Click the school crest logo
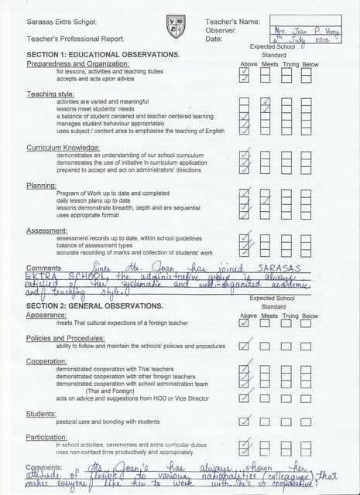[176, 27]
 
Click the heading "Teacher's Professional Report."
[75, 38]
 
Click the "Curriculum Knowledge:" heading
[63, 147]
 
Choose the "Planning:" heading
[42, 186]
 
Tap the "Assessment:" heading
[47, 230]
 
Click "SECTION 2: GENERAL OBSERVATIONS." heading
[95, 306]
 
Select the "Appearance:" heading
[46, 316]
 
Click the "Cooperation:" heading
[47, 361]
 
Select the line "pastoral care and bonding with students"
[108, 422]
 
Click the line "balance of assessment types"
[94, 246]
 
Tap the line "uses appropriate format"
[87, 215]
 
